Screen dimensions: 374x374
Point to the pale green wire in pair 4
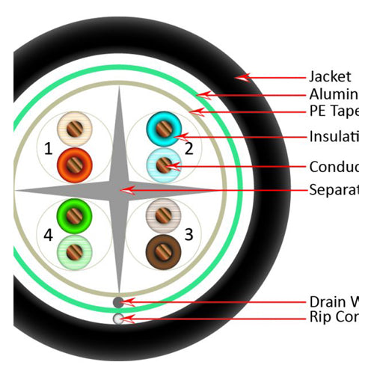(74, 249)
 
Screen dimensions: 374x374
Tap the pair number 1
(49, 149)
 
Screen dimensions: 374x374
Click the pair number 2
(188, 149)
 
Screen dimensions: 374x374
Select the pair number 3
(188, 235)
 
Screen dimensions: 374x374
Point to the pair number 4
(49, 235)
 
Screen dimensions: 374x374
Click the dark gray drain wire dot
(118, 301)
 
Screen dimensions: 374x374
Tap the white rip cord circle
(118, 319)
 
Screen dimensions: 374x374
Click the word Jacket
(330, 76)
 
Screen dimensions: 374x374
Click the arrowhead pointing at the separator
(128, 190)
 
